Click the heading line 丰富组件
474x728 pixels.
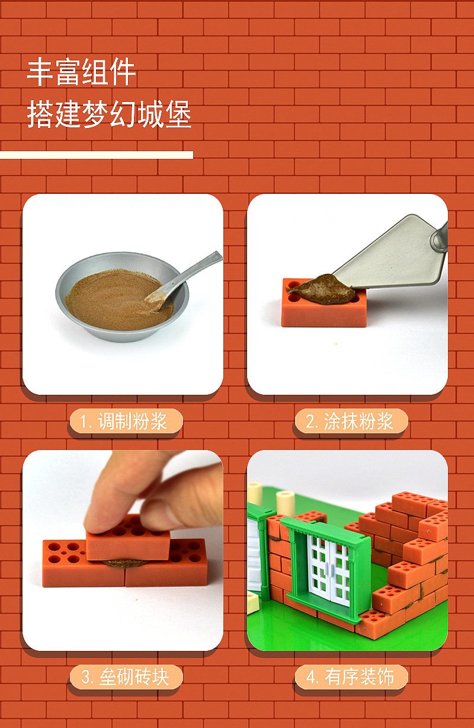(81, 72)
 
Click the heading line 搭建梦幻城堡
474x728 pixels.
(109, 114)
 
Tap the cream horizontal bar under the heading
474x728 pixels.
(97, 155)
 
